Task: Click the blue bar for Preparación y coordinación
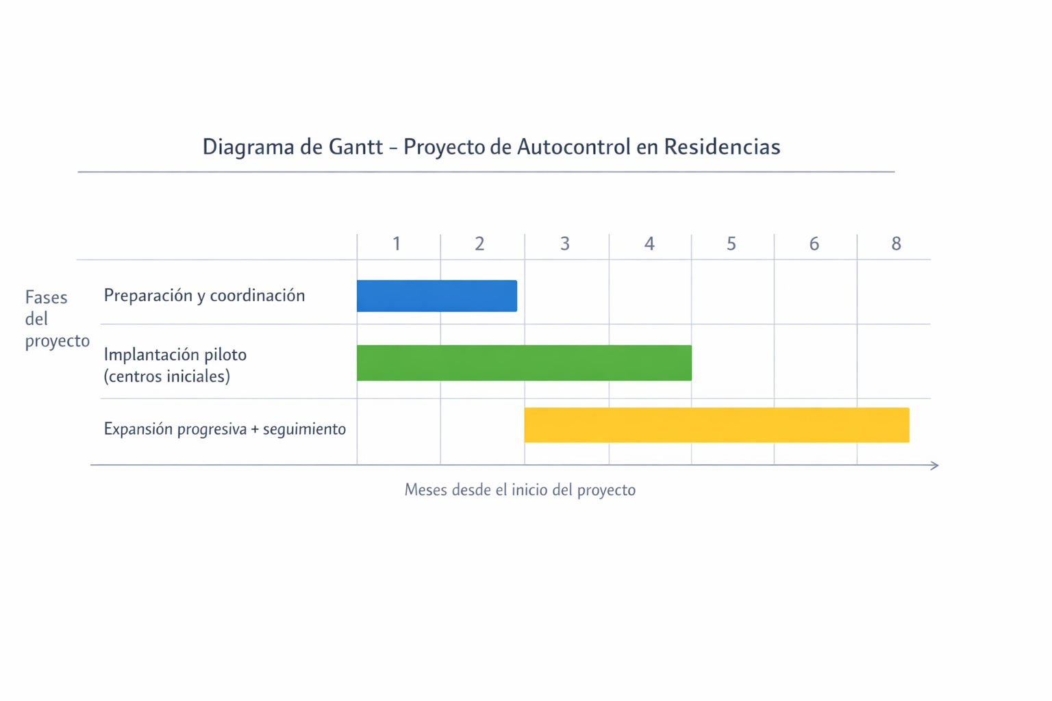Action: (x=437, y=296)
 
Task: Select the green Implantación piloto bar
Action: (x=524, y=363)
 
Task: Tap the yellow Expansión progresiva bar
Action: (x=716, y=425)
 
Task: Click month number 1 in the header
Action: (x=397, y=244)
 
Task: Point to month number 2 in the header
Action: (x=479, y=244)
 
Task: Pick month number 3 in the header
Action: (x=565, y=244)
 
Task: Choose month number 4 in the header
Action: (x=649, y=244)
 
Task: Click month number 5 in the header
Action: (x=731, y=244)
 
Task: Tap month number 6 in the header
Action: (x=814, y=244)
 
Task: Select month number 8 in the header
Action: (x=896, y=244)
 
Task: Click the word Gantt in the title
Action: (x=356, y=146)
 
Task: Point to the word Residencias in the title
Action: (x=722, y=146)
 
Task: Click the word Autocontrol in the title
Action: (x=573, y=146)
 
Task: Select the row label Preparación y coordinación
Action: (x=204, y=296)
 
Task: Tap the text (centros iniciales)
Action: (x=166, y=376)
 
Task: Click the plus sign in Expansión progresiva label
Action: (x=255, y=429)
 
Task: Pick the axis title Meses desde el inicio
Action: (x=520, y=489)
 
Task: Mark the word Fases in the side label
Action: (x=46, y=297)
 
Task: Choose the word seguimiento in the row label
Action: (x=304, y=429)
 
